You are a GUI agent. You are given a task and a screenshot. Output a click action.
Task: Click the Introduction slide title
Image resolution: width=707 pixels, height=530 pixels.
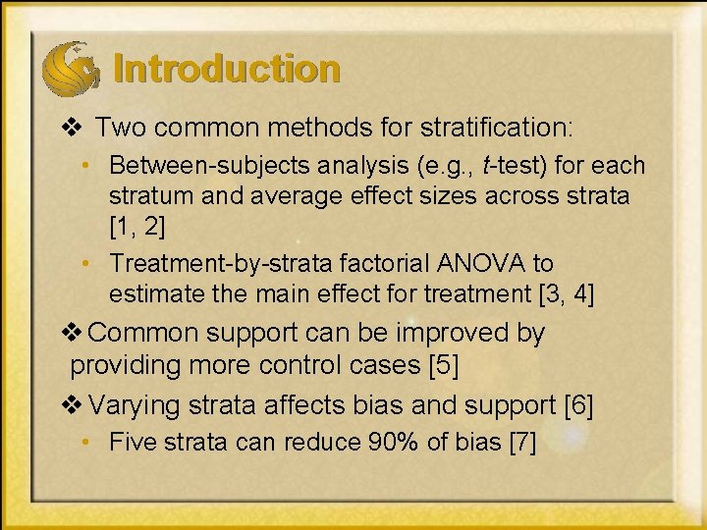pos(227,70)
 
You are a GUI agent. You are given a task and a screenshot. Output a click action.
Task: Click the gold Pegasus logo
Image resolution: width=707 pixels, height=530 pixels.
pos(70,67)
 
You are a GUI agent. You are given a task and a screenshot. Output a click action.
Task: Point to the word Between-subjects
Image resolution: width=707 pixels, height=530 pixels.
pos(191,166)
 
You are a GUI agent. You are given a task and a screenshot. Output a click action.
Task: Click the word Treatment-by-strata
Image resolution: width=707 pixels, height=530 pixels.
pos(200,263)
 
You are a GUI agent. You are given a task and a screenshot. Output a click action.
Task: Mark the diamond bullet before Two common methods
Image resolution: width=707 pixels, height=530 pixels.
pos(68,128)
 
